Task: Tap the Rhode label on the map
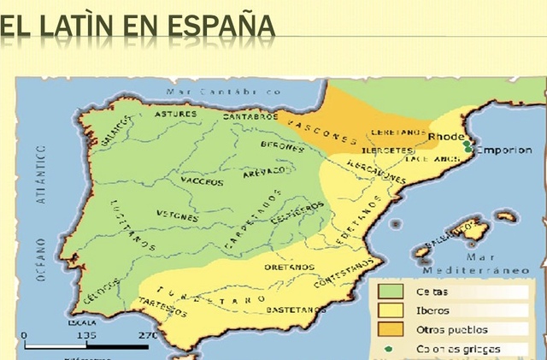445,136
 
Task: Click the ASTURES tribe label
175,113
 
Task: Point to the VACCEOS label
202,180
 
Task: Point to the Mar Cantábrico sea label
225,90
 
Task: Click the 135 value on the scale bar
85,335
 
